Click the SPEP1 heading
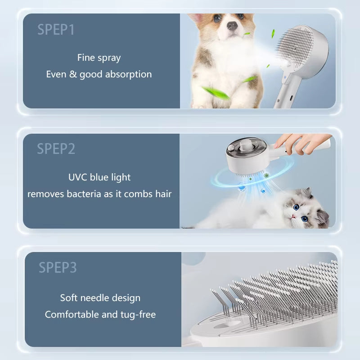56,30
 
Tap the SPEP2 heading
56,148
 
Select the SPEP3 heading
58,267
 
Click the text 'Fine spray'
99,58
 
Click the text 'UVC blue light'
99,177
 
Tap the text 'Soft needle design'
100,298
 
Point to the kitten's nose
292,216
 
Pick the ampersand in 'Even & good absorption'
73,74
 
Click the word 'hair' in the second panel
163,194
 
